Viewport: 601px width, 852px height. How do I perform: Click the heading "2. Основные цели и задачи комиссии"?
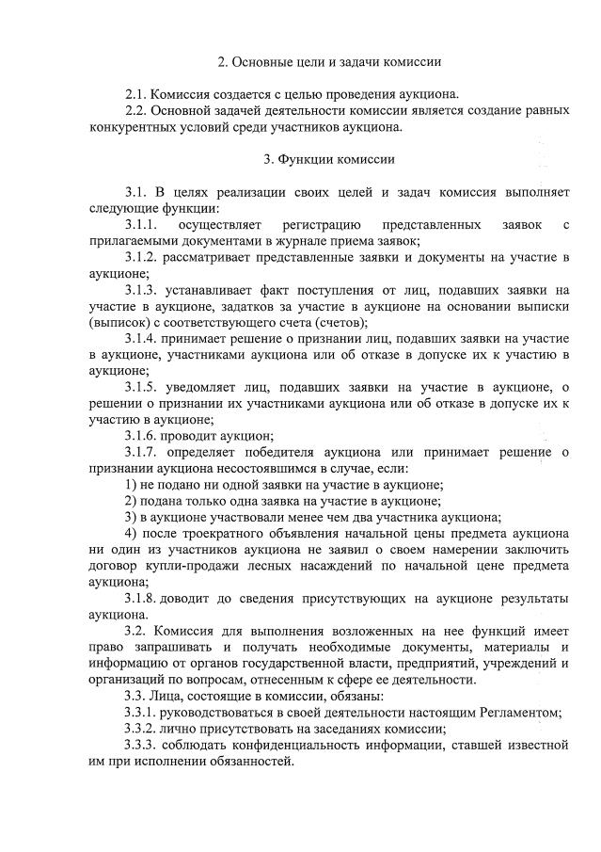click(329, 62)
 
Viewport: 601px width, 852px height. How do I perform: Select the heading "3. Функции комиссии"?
click(329, 159)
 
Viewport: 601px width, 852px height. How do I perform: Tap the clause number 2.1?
click(136, 95)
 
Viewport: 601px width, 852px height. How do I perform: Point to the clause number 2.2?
click(136, 111)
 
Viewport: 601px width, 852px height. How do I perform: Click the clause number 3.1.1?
click(143, 224)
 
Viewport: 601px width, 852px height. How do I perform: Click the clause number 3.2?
click(136, 631)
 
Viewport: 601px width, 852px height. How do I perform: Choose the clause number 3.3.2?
click(143, 728)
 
